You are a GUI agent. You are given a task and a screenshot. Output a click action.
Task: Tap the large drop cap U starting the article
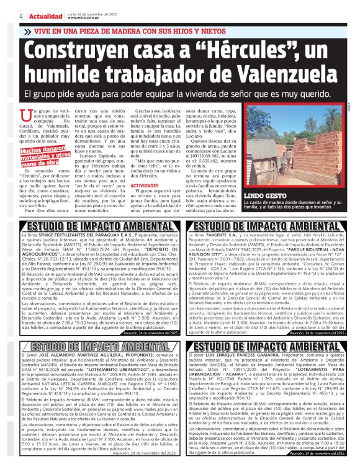25,115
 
